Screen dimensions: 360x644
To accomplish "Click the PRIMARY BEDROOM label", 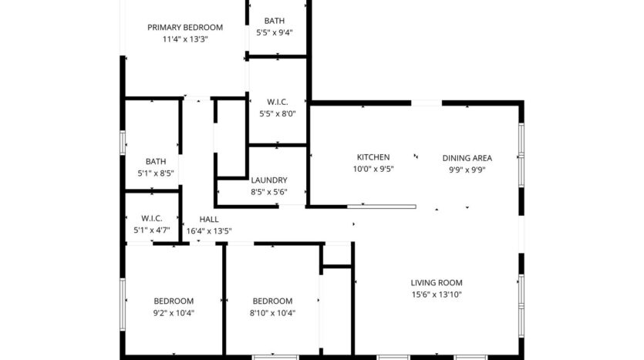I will pos(185,27).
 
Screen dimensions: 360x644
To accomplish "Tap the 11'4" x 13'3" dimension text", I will pos(185,39).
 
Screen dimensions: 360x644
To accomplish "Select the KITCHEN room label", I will pos(373,157).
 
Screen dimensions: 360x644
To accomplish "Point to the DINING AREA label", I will pos(467,157).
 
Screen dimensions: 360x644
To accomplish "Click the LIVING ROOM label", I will pos(437,282).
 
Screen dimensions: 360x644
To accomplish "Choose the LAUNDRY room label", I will pos(269,180).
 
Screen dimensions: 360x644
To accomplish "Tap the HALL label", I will pos(209,219).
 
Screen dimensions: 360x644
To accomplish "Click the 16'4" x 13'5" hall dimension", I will pos(209,230).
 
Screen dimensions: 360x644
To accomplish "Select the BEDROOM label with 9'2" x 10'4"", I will pos(174,301).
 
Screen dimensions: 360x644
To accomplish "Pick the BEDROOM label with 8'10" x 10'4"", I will pos(273,301).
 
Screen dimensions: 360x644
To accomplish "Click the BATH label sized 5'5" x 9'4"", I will pos(274,21).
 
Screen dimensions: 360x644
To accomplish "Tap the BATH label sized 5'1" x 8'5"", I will pos(156,161).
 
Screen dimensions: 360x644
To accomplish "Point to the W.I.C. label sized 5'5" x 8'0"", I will pos(278,102).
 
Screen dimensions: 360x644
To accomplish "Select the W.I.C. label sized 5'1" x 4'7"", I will pos(151,217).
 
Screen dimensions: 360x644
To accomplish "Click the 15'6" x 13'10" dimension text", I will pos(437,294).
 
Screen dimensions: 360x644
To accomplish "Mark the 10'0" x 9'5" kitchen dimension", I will pos(373,170).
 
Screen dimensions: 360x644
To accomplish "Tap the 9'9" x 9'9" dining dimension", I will pos(467,170).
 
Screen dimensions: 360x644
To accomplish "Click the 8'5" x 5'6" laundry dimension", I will pos(269,192).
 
